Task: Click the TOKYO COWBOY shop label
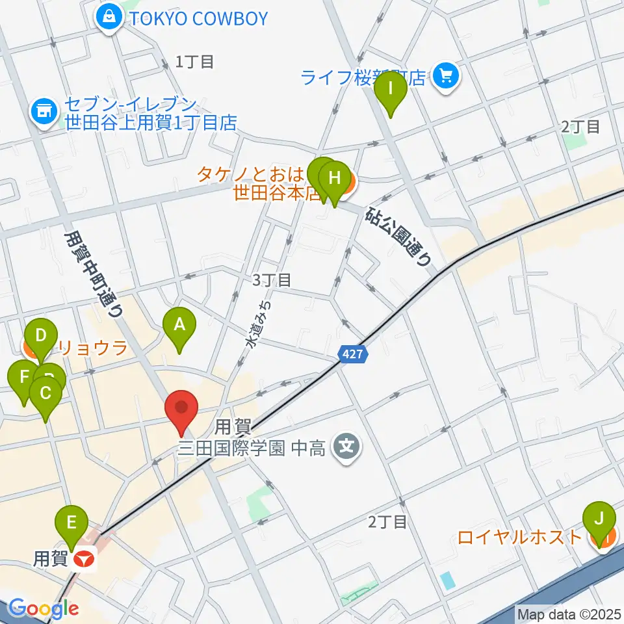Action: click(x=199, y=18)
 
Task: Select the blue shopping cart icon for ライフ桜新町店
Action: click(x=446, y=77)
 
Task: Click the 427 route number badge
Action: click(x=354, y=354)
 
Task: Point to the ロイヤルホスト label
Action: click(x=520, y=538)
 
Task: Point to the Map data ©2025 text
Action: click(x=569, y=613)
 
